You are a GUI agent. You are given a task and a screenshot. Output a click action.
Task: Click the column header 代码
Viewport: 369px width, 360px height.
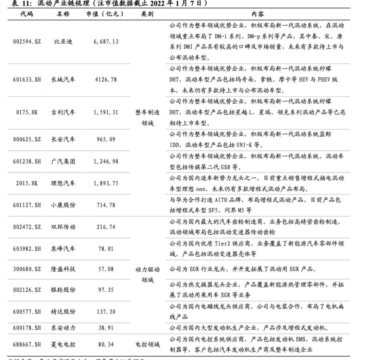tap(26, 14)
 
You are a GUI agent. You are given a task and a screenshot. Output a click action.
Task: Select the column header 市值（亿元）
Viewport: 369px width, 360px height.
tap(105, 14)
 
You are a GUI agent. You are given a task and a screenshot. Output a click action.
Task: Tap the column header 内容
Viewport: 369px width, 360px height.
tap(257, 14)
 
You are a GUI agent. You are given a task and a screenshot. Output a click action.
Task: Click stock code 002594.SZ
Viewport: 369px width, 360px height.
tap(27, 42)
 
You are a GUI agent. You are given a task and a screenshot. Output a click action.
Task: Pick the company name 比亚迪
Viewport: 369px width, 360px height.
tap(63, 42)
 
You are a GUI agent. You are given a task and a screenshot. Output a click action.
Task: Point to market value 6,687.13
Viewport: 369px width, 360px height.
tap(106, 42)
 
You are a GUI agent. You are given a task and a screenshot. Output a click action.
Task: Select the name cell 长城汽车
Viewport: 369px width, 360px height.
tap(63, 80)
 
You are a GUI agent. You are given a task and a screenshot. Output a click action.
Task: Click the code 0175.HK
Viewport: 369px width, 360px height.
tap(27, 112)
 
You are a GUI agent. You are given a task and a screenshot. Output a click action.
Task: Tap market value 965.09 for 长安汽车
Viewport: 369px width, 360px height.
tap(106, 139)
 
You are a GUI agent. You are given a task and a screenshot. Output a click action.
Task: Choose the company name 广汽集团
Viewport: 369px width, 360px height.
tap(63, 161)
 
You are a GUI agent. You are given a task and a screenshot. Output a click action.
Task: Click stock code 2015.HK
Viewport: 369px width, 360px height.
tap(27, 183)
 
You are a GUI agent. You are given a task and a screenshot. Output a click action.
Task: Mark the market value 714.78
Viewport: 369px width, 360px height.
tap(106, 205)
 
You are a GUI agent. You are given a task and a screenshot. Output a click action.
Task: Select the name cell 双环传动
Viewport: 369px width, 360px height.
tap(63, 227)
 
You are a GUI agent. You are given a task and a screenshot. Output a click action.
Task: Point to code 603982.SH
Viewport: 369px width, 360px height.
tap(27, 249)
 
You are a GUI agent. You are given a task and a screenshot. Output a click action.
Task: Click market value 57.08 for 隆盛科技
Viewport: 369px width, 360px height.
tap(106, 269)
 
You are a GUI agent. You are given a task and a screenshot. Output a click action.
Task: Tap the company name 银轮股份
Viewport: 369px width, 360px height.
tap(63, 290)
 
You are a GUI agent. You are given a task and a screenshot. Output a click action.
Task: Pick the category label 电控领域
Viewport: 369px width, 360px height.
tap(148, 344)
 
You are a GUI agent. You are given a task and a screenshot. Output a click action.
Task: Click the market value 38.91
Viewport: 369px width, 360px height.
tap(106, 328)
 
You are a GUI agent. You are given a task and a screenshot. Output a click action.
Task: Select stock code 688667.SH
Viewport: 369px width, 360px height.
tap(27, 344)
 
